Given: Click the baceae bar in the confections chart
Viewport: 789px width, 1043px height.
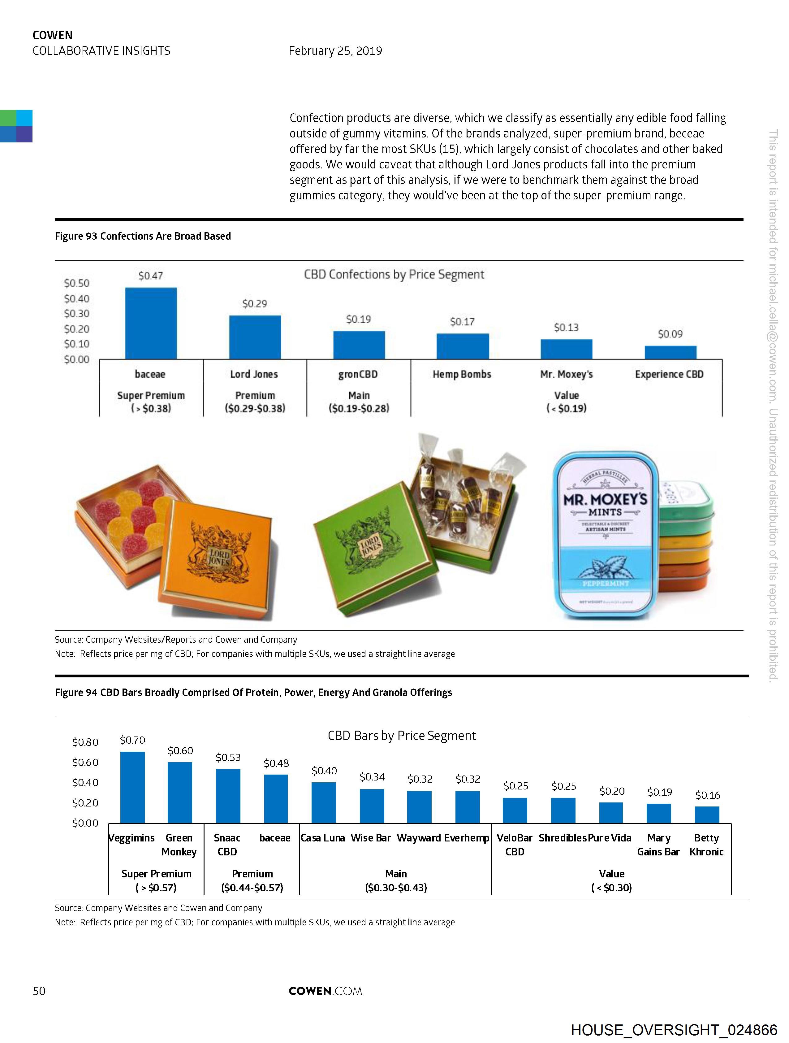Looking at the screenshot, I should [x=151, y=324].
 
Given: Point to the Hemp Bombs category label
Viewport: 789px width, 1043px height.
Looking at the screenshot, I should [x=462, y=374].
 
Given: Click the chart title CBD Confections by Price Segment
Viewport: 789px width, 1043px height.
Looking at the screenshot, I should [x=394, y=274].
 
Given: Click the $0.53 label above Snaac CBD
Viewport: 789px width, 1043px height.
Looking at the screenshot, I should [x=228, y=757].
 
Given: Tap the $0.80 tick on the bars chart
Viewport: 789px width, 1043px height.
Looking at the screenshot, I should [x=85, y=742].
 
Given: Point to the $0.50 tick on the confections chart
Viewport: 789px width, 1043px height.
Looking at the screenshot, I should [x=77, y=283].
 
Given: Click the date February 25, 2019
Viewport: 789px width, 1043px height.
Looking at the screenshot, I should [x=335, y=51].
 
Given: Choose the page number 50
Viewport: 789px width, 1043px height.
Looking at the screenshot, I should [x=39, y=991].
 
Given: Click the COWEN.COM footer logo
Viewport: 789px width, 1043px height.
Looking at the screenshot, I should [x=325, y=991].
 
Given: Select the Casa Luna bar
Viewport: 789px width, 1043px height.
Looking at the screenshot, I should [x=324, y=802].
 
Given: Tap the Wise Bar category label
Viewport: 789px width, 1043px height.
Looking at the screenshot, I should [x=371, y=838].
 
